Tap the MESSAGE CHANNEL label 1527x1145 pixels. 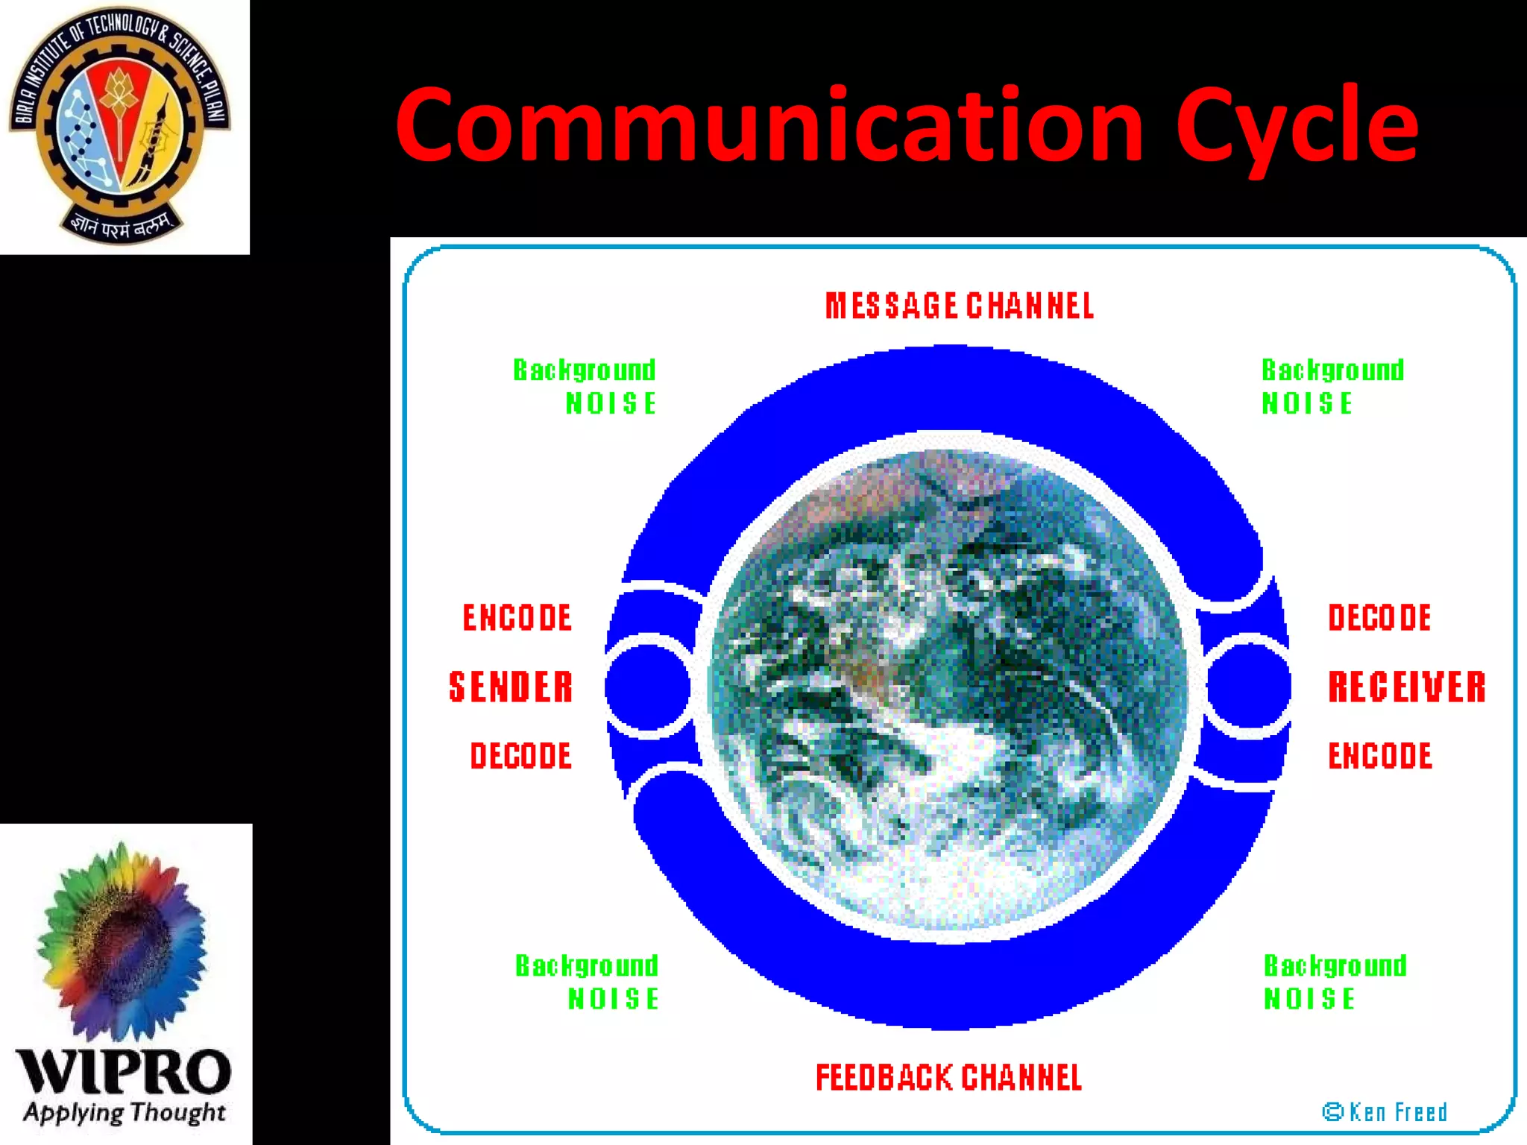coord(960,306)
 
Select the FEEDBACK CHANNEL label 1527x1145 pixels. coord(948,1078)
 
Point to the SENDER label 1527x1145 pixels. coord(511,687)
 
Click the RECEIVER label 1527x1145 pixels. coord(1407,687)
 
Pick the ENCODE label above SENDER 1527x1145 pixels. coord(517,618)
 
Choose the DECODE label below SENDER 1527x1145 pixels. coord(520,756)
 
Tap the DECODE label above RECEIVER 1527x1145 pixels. coord(1379,618)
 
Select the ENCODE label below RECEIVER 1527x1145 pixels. coord(1379,756)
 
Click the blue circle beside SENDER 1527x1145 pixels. coord(648,687)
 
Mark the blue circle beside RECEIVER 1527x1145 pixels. coord(1248,687)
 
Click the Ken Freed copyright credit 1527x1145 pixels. coord(1385,1112)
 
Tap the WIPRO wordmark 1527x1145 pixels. coord(124,1072)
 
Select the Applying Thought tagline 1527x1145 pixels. coord(125,1113)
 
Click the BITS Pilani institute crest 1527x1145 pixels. coord(119,125)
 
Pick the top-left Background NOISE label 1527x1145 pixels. coord(585,387)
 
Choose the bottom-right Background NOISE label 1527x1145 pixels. coord(1335,982)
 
